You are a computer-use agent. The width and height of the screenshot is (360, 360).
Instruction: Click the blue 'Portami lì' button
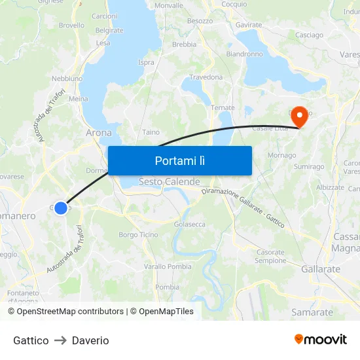coord(180,160)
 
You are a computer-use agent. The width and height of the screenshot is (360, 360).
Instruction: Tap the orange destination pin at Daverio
coord(300,117)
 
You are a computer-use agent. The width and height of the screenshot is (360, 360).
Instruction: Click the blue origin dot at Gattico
coord(60,208)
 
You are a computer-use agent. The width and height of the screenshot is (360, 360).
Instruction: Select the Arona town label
coord(99,132)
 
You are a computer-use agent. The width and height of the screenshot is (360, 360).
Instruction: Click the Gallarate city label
coord(321,269)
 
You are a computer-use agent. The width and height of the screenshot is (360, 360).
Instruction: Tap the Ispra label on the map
coord(147,63)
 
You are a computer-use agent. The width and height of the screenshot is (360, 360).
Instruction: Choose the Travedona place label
coord(206,77)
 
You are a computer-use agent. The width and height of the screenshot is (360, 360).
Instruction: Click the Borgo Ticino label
coord(138,235)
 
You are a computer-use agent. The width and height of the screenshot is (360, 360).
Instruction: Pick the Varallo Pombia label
coord(168,266)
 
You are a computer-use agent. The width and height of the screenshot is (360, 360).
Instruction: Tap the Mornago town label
coord(282,156)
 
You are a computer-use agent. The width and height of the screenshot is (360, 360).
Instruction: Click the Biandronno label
coord(244,54)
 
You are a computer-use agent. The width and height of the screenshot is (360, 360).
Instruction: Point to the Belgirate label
coord(109,30)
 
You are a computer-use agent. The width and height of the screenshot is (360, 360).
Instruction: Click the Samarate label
coord(312,312)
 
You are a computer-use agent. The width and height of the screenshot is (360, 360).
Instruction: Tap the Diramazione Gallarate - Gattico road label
coord(243,207)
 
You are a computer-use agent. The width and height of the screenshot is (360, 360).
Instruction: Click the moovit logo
coord(321,340)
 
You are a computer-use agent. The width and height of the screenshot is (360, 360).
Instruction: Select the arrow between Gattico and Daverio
coord(60,340)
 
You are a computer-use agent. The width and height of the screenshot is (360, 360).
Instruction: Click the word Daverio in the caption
coord(90,340)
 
